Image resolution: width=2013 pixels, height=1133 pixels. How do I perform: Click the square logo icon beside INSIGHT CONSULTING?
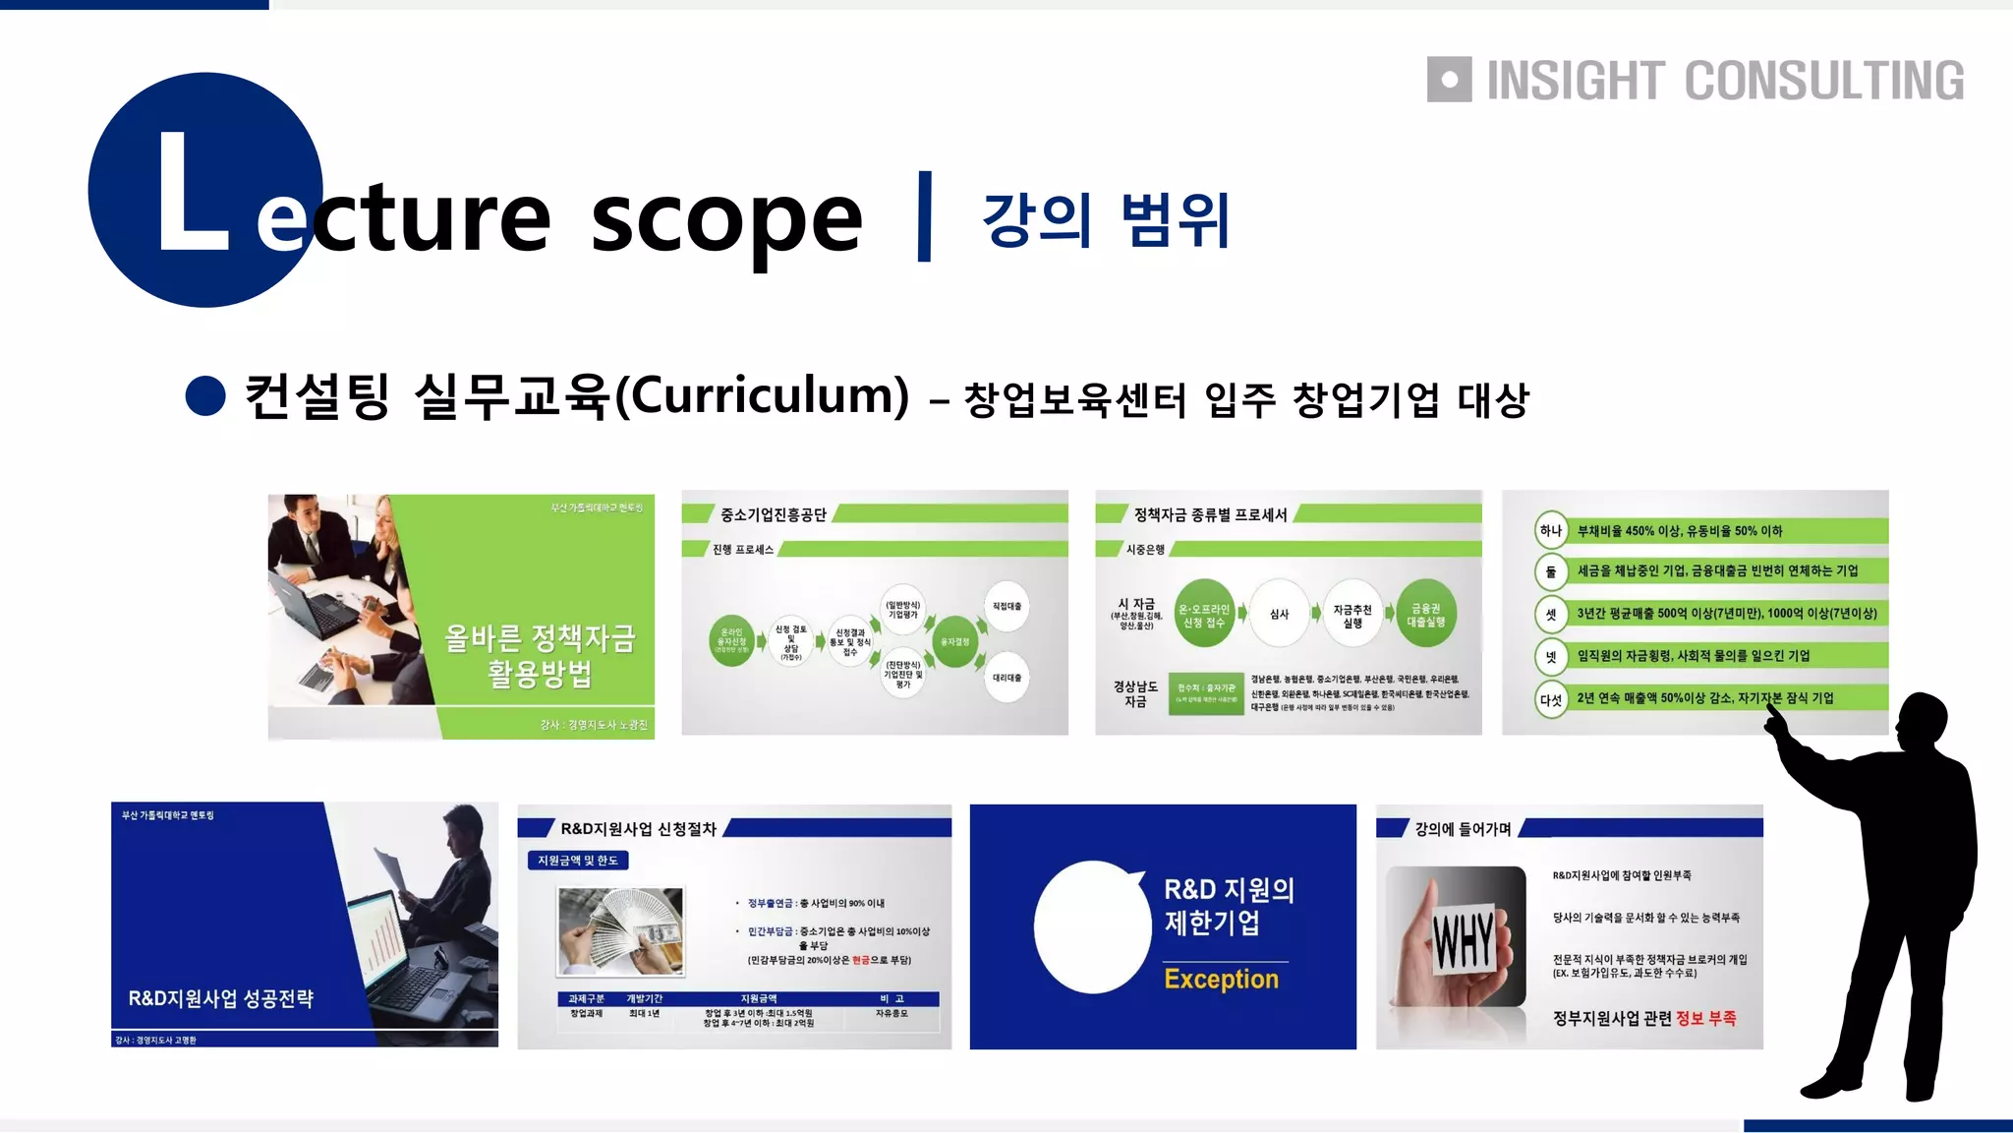[1449, 80]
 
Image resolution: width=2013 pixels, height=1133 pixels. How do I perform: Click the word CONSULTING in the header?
[1824, 81]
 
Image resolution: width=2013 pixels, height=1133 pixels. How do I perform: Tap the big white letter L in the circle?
[192, 192]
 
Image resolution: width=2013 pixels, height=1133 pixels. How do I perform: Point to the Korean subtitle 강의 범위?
[1106, 219]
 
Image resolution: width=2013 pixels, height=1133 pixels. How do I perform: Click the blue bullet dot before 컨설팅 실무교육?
[205, 396]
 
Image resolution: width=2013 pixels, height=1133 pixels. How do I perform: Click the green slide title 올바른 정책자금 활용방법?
[540, 656]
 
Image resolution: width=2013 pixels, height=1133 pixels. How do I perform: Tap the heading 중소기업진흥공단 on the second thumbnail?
[773, 515]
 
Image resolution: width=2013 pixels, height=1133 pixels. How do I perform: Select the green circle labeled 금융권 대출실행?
[1426, 615]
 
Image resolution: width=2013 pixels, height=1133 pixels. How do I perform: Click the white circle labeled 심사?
[1279, 614]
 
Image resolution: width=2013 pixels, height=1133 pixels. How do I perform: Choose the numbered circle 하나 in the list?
[1550, 531]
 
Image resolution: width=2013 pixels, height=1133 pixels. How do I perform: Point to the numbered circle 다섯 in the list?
[1550, 700]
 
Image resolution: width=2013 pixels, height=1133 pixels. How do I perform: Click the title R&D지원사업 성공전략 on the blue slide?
[221, 998]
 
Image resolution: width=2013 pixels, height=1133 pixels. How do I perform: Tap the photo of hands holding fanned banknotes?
[620, 930]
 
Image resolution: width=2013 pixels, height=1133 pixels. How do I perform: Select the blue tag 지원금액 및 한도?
[578, 861]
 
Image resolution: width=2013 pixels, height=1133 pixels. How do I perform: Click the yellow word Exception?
[1221, 980]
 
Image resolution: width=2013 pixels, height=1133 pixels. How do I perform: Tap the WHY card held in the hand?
[1463, 940]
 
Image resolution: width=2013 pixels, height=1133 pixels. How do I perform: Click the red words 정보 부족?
[1705, 1018]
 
